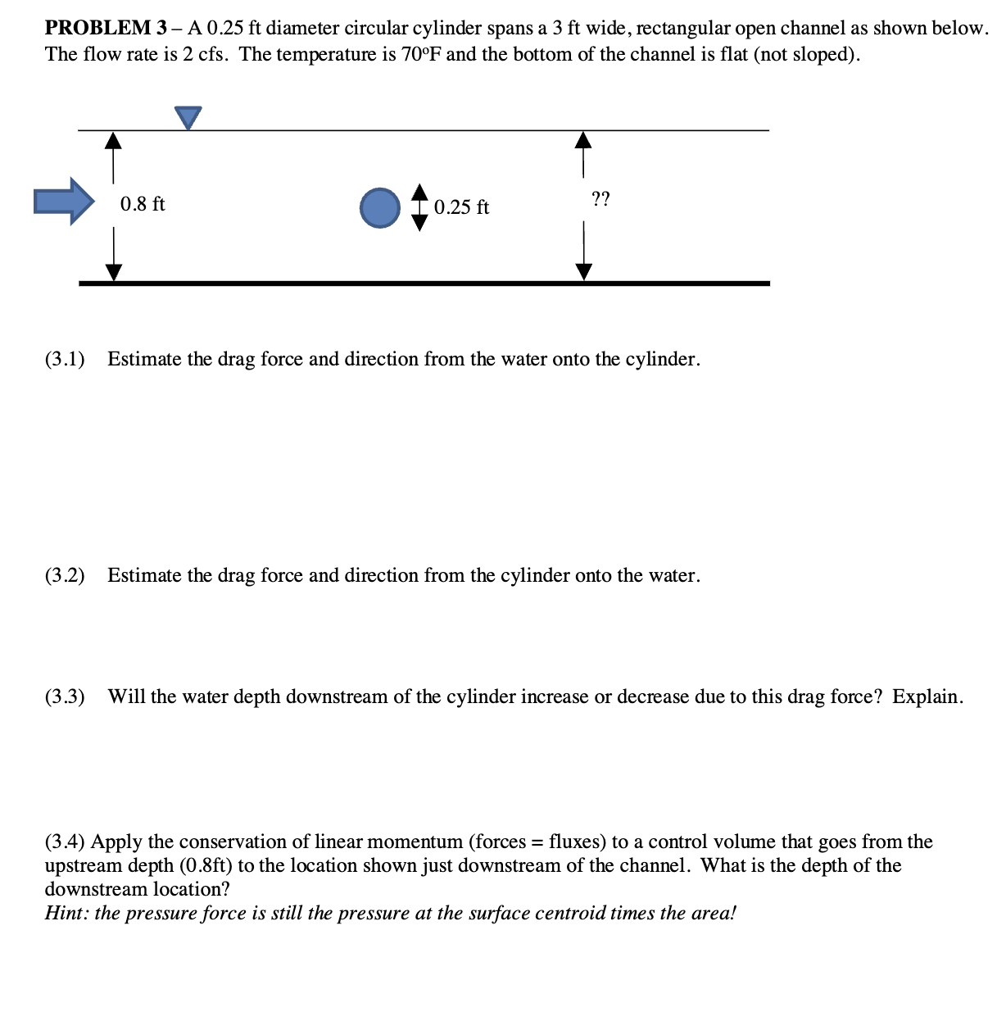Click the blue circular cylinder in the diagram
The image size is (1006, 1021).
coord(380,207)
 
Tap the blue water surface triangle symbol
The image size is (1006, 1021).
coord(188,117)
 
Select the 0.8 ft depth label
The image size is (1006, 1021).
coord(143,204)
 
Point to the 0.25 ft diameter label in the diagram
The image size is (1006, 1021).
coord(461,207)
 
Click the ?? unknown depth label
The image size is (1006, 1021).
coord(600,198)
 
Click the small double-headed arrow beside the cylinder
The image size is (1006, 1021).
coord(419,207)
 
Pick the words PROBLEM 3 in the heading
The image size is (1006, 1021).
coord(97,28)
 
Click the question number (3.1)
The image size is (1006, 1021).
coord(65,359)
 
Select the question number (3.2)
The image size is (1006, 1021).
coord(65,575)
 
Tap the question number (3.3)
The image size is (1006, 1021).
coord(65,697)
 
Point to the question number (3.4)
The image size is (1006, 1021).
coord(65,842)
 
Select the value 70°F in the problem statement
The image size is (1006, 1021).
coord(421,54)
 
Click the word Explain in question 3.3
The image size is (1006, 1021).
coord(927,697)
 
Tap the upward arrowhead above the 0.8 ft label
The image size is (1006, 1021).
coord(113,140)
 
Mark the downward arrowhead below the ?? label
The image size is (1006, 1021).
coord(583,271)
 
